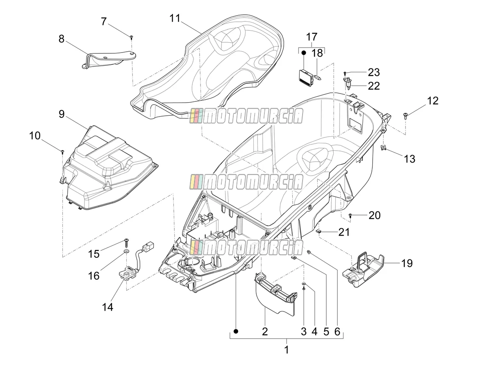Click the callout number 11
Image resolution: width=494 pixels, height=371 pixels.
click(x=175, y=18)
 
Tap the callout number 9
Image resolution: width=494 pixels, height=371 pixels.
click(x=61, y=114)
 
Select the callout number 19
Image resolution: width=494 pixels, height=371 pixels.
click(x=407, y=263)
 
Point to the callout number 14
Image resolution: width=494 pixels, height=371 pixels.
click(x=107, y=307)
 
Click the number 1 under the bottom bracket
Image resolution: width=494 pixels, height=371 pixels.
click(x=286, y=350)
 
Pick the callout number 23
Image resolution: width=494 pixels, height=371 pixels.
click(x=374, y=72)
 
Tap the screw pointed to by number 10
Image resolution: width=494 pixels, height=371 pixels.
click(x=63, y=151)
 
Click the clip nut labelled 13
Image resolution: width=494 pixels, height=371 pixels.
click(x=383, y=148)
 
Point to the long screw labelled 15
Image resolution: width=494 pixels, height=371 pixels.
click(x=126, y=243)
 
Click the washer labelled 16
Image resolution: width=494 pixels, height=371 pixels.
click(x=127, y=251)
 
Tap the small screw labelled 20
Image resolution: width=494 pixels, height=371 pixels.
click(x=351, y=215)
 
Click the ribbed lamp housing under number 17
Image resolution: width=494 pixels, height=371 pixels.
click(x=305, y=77)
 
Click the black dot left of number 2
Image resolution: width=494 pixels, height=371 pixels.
click(x=236, y=331)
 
